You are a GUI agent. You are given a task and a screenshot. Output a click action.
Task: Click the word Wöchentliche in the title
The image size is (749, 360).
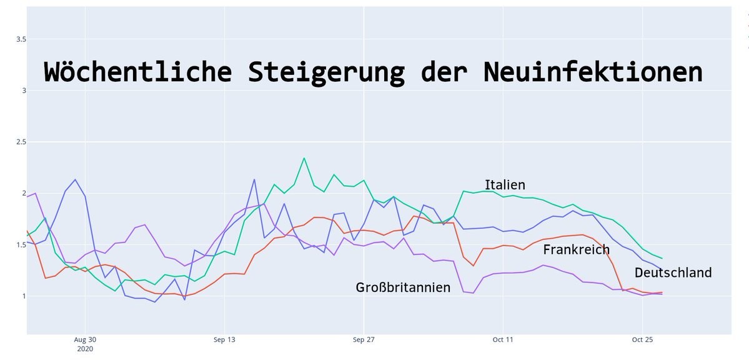(x=137, y=72)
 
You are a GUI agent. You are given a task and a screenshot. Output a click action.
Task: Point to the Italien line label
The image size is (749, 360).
(x=505, y=185)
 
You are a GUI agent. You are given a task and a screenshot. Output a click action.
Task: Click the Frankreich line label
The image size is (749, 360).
(x=576, y=250)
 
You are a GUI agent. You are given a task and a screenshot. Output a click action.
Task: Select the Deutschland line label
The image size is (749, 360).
(x=673, y=272)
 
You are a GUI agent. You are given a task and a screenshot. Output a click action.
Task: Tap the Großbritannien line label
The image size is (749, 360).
(x=403, y=287)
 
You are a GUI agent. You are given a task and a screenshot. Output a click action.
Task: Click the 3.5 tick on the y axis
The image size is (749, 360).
(x=21, y=39)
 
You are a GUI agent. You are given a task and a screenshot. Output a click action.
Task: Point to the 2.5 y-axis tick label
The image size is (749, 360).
(x=21, y=142)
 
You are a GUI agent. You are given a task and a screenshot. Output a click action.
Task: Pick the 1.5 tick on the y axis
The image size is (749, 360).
(x=21, y=245)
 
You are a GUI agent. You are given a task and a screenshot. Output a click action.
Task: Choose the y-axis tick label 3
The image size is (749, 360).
(x=24, y=91)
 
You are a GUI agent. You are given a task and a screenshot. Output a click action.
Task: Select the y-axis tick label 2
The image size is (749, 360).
(x=24, y=194)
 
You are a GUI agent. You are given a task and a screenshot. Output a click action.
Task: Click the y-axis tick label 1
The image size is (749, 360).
(x=24, y=296)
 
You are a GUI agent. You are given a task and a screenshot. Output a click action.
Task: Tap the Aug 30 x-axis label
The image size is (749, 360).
(x=84, y=340)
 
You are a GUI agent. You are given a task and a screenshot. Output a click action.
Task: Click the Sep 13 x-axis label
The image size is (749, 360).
(x=224, y=340)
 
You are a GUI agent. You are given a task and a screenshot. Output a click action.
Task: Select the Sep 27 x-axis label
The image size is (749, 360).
(x=363, y=340)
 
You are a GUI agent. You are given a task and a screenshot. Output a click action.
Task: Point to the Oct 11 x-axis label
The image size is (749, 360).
(x=502, y=340)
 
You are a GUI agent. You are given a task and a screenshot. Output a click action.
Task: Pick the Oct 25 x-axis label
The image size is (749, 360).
(x=642, y=340)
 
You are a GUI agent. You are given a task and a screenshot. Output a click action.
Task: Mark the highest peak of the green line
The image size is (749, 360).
(x=304, y=158)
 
